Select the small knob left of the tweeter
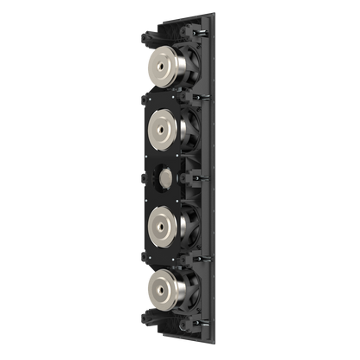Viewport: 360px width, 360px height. (x=142, y=179)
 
